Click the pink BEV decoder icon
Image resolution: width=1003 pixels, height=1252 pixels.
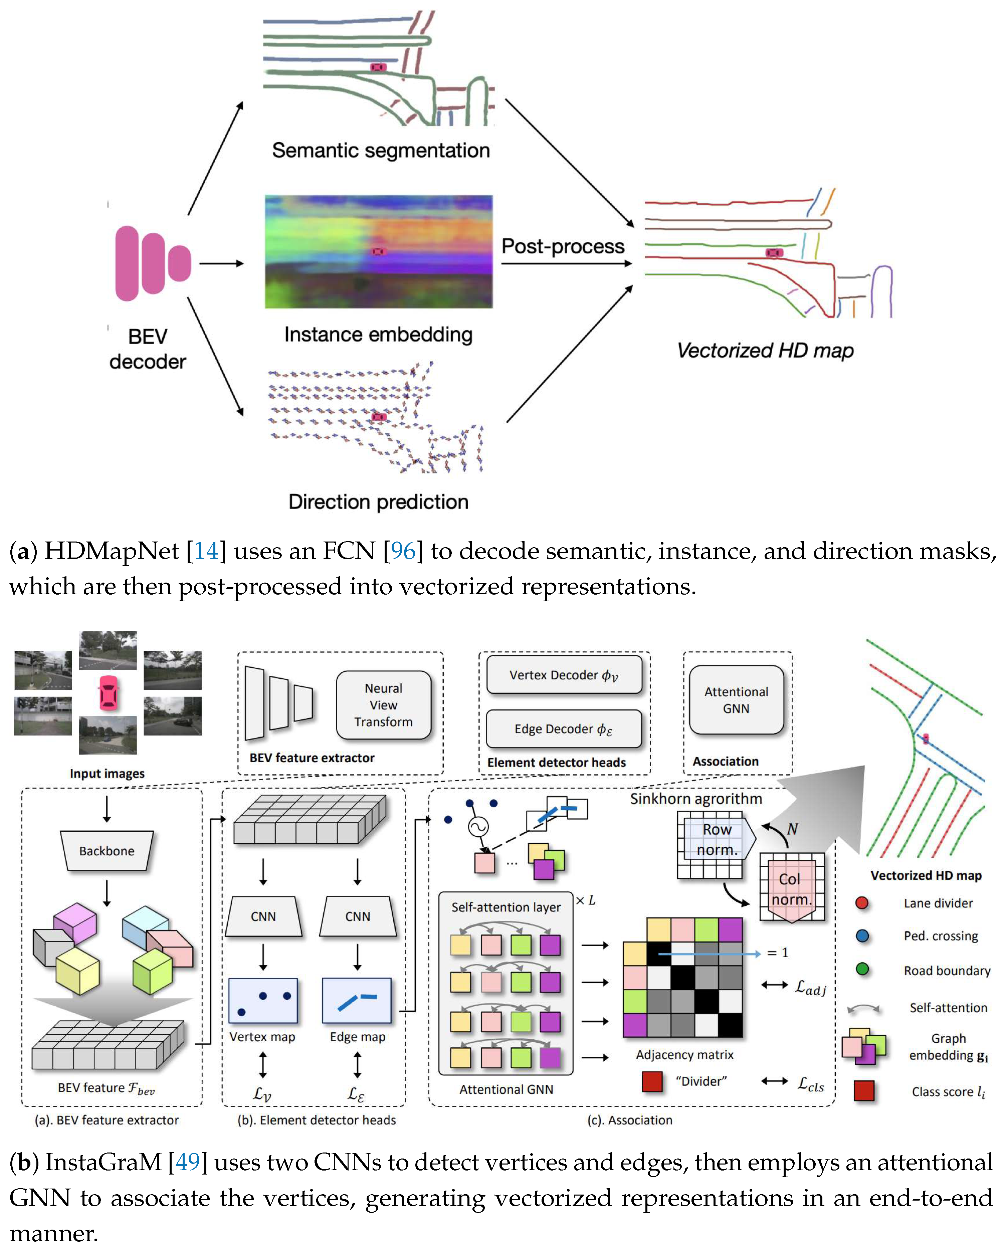point(152,263)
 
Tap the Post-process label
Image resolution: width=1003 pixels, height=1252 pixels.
point(562,246)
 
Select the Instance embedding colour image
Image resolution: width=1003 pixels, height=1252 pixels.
point(378,251)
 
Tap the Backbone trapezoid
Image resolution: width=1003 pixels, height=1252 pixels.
point(107,851)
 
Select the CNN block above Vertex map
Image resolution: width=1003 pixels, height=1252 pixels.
point(263,916)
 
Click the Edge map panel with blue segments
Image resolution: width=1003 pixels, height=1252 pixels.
point(357,1000)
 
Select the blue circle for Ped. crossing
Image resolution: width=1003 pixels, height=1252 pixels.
point(862,935)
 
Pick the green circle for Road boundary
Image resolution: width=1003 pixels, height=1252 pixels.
point(862,969)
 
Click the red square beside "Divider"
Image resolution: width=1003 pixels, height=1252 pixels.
point(652,1081)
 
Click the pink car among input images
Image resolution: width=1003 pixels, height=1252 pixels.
point(108,693)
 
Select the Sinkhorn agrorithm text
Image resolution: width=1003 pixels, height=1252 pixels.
point(696,799)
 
